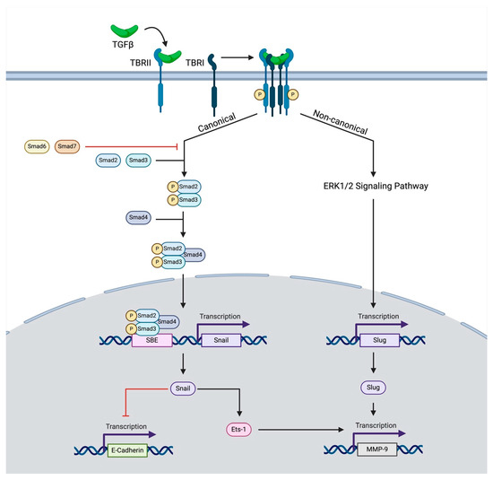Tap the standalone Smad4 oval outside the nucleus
[x=139, y=217]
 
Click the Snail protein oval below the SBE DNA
[x=183, y=388]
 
